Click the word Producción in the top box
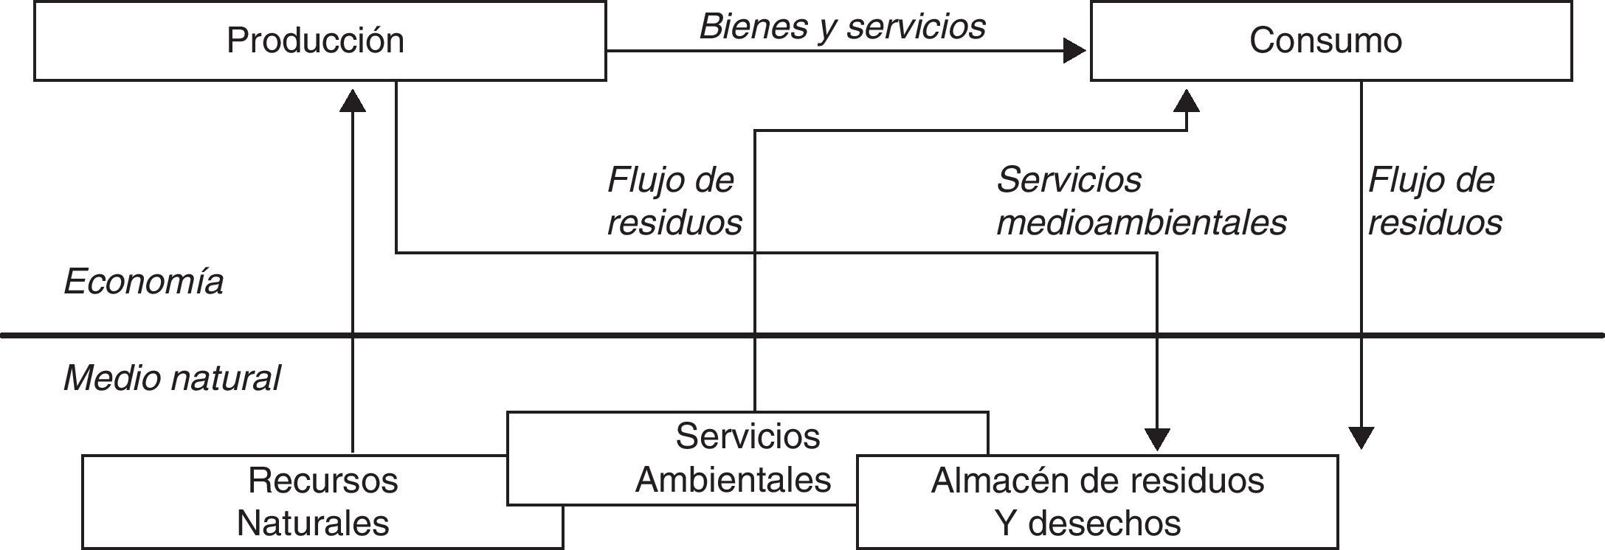pos(315,41)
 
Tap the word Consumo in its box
pos(1325,41)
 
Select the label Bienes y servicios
pos(842,27)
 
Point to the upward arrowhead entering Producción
pos(353,100)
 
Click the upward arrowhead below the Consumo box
pos(1187,100)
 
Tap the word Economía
pos(144,282)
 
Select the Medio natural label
pos(172,378)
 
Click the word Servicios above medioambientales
pos(1069,180)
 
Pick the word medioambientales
pos(1142,223)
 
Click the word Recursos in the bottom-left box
pos(322,481)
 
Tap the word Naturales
pos(313,523)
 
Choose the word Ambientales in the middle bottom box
pos(733,480)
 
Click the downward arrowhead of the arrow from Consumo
pos(1361,437)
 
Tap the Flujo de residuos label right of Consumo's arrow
pos(1435,201)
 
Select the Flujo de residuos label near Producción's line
pos(674,201)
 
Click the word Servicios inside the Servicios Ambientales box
pos(748,436)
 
